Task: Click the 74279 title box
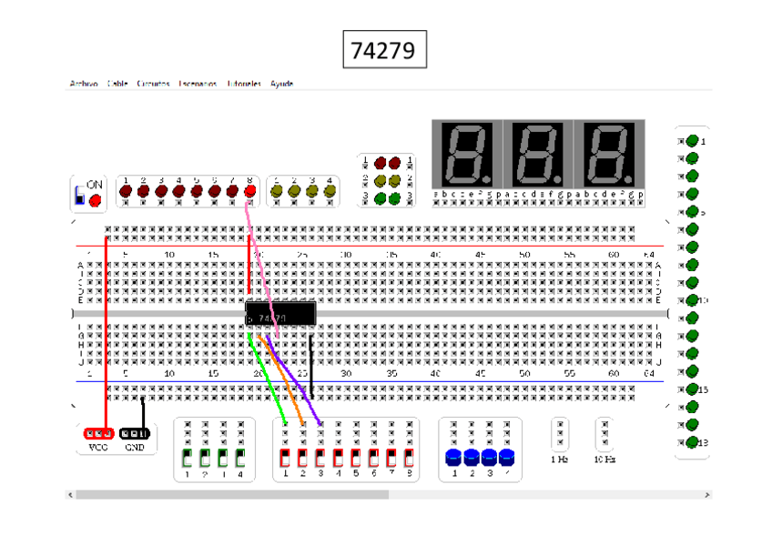(x=384, y=50)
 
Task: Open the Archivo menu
(x=84, y=84)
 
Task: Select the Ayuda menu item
(x=281, y=84)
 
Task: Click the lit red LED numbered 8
(x=249, y=191)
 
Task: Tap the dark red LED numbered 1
(x=126, y=191)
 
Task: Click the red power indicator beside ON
(x=96, y=198)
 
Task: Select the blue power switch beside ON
(x=80, y=197)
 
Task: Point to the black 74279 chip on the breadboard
(x=280, y=314)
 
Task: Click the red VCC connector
(x=98, y=433)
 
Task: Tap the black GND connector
(x=135, y=433)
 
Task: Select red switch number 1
(x=285, y=457)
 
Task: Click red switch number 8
(x=409, y=457)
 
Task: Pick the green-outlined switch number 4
(x=240, y=457)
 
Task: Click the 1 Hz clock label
(x=561, y=459)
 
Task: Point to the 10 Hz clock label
(x=604, y=459)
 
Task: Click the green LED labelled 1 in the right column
(x=692, y=141)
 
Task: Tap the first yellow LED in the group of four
(x=277, y=191)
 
